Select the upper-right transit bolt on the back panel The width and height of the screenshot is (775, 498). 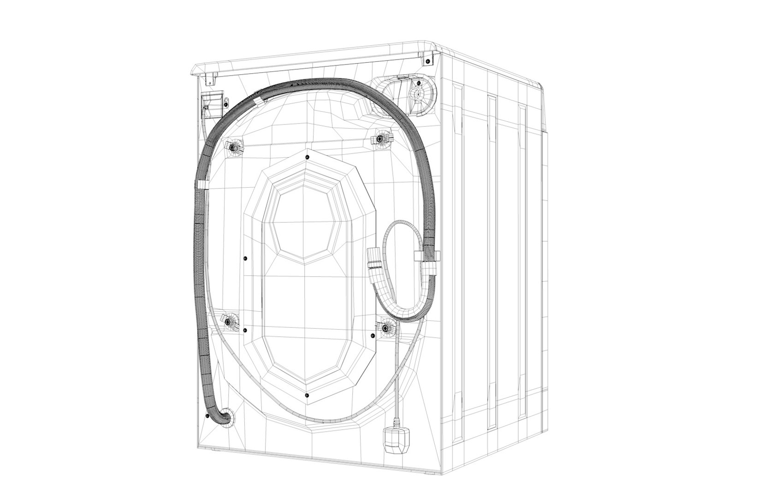381,137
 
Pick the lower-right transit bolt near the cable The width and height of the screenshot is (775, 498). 385,327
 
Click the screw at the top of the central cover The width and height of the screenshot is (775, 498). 307,157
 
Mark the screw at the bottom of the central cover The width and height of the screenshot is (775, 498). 307,395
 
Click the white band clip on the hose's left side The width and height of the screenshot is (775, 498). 201,184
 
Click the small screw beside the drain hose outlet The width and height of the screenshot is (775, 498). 207,416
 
